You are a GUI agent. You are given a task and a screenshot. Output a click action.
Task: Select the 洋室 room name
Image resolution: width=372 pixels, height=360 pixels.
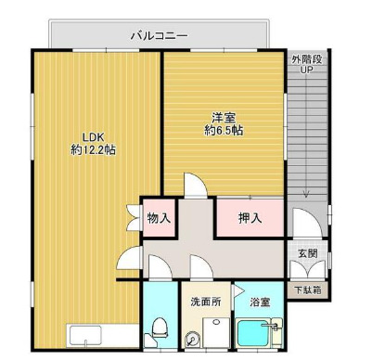click(223, 117)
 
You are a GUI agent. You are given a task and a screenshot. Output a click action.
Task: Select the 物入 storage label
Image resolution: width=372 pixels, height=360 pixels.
click(159, 219)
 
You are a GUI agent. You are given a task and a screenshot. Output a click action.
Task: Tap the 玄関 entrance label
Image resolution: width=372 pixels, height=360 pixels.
click(307, 252)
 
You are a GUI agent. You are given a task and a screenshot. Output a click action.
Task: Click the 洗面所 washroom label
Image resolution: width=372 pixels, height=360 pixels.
click(205, 301)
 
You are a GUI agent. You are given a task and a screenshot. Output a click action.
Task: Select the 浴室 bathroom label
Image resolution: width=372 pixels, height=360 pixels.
click(259, 301)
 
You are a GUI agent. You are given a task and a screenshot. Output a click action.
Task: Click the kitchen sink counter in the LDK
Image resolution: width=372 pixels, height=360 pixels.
click(89, 335)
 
